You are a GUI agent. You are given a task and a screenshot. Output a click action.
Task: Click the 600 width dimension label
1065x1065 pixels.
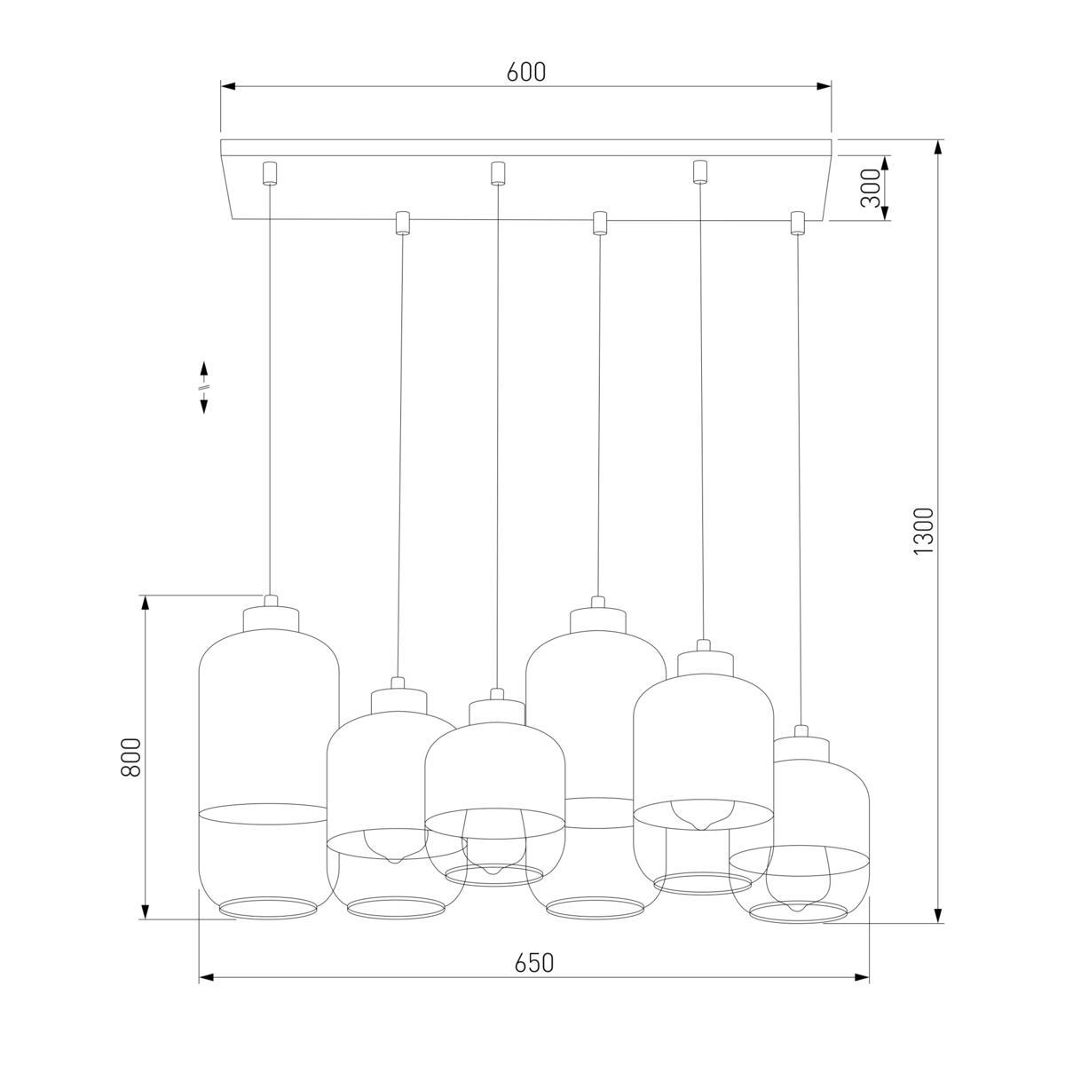526,73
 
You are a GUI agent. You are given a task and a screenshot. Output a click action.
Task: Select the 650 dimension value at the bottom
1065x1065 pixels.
533,962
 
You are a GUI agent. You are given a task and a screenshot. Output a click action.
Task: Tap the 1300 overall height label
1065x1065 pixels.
924,531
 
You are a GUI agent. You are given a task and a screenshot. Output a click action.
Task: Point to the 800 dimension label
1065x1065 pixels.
131,757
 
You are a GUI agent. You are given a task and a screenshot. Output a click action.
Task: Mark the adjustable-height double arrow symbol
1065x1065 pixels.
203,387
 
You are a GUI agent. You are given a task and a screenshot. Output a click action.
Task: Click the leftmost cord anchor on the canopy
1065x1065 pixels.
269,171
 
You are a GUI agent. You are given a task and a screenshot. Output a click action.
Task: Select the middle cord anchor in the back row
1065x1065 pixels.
498,171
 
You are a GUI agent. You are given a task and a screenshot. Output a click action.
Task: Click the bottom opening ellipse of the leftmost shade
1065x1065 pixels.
267,906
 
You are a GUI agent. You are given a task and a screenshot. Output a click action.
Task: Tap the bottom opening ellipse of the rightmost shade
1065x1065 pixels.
798,913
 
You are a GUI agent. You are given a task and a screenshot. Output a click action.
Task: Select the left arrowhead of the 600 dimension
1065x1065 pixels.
228,86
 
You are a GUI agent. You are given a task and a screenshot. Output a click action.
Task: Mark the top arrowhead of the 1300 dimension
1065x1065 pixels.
938,147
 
